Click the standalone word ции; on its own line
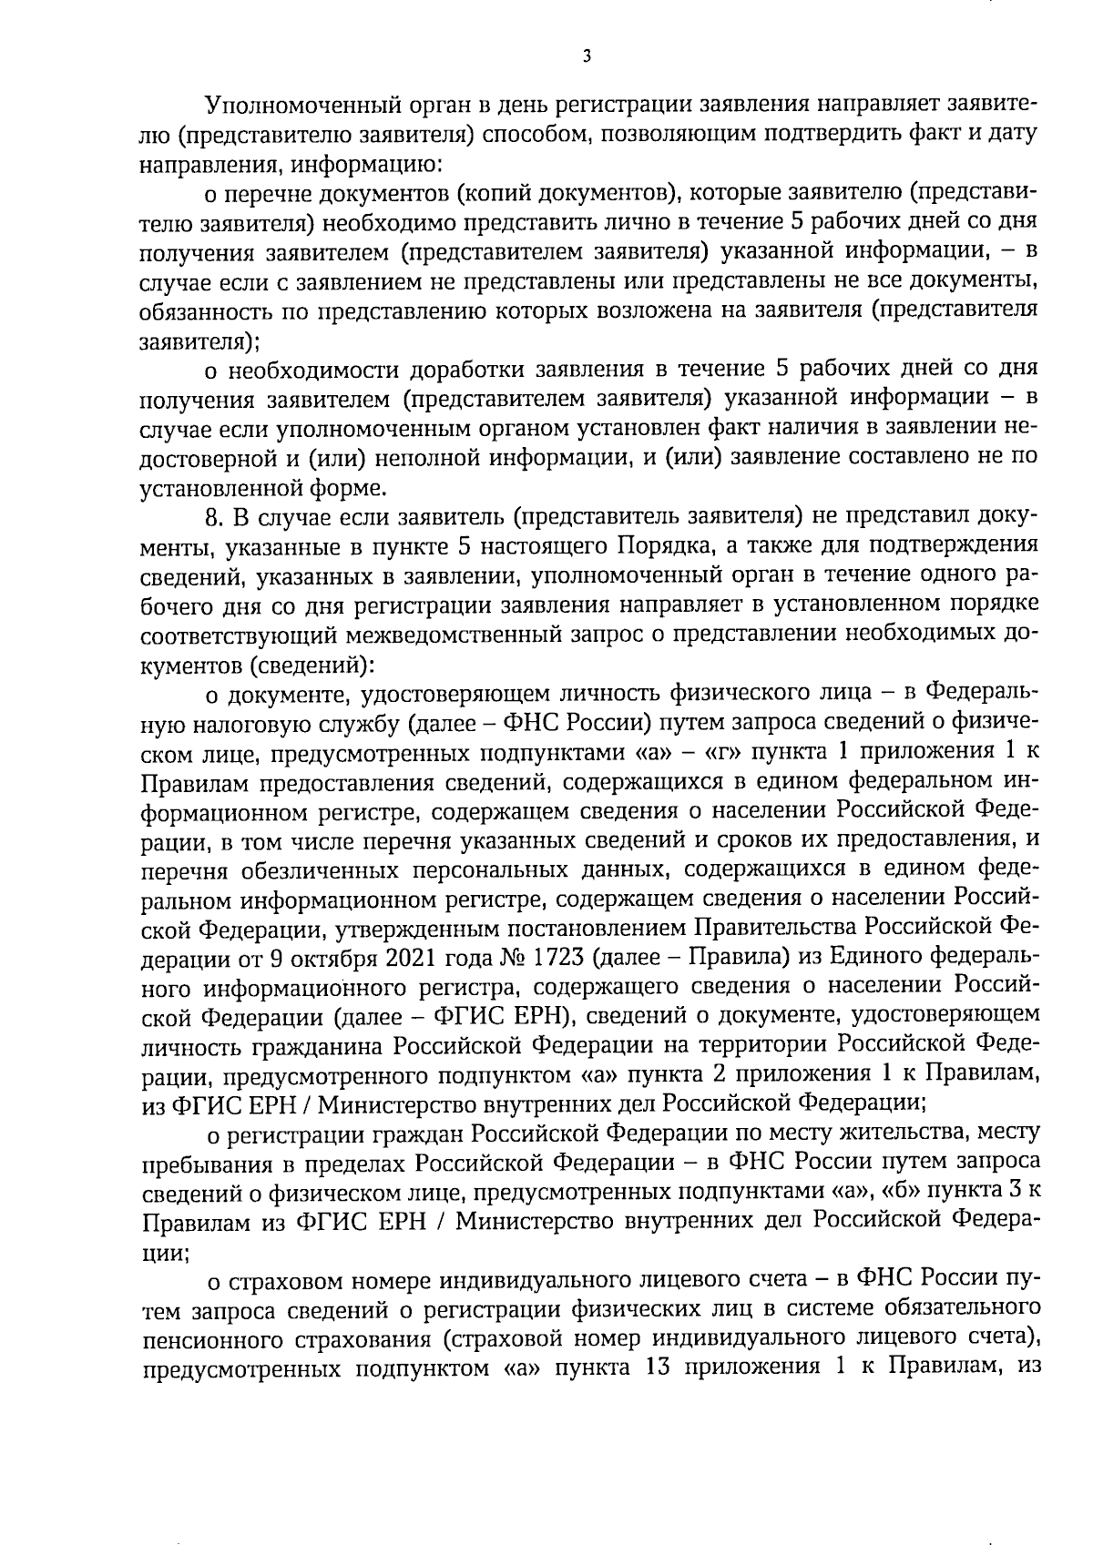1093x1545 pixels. [x=164, y=1254]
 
